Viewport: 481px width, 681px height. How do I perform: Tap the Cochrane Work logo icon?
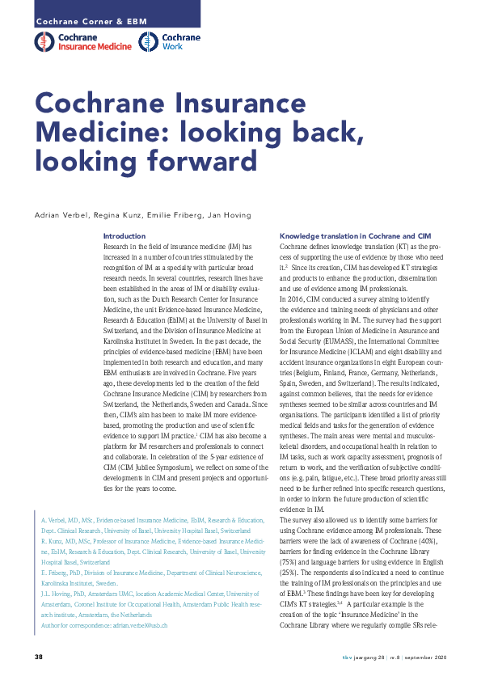[148, 43]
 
